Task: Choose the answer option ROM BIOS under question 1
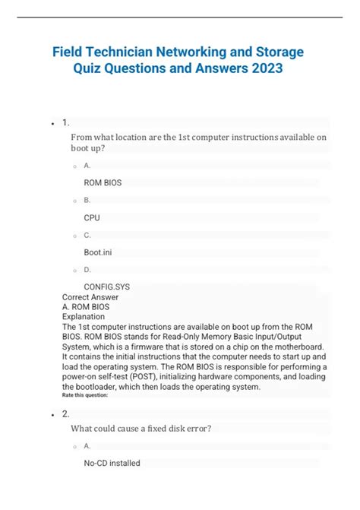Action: pos(103,182)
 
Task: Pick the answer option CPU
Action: pos(92,217)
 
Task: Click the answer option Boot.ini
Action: pos(98,252)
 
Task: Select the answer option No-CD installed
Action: pos(112,463)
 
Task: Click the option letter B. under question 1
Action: pos(87,200)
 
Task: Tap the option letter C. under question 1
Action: pos(87,235)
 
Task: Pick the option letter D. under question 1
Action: pos(87,270)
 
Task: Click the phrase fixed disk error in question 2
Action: pos(190,428)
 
